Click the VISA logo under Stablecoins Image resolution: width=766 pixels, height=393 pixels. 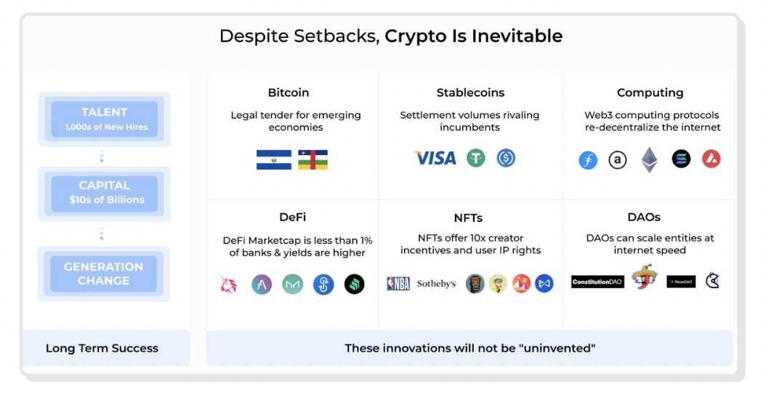pos(435,158)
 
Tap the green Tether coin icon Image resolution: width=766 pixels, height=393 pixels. pos(476,158)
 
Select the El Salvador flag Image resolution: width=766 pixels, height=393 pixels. pos(274,159)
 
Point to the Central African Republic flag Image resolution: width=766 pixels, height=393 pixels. pos(313,159)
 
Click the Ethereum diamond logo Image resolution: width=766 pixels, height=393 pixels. pos(649,159)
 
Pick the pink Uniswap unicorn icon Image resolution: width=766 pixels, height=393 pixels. pos(229,284)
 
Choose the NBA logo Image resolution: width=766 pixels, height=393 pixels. pos(398,284)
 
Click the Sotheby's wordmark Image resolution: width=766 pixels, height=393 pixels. pos(436,284)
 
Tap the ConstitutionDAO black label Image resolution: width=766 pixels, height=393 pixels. pos(597,282)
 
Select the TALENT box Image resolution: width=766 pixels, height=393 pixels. pos(104,119)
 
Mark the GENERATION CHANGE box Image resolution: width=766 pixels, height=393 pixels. pos(103,274)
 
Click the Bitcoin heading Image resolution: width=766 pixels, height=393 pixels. pos(289,92)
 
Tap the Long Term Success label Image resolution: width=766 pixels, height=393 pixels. pos(102,348)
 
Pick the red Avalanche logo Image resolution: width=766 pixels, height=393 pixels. pos(711,159)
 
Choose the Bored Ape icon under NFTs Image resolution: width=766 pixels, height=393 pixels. pos(475,284)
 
